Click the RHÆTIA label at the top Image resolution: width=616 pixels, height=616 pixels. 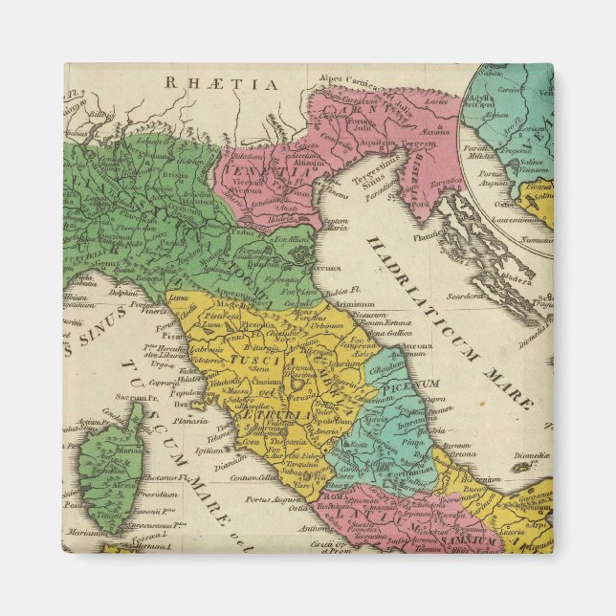pyautogui.click(x=221, y=84)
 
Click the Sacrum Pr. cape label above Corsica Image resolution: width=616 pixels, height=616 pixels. pyautogui.click(x=133, y=396)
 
